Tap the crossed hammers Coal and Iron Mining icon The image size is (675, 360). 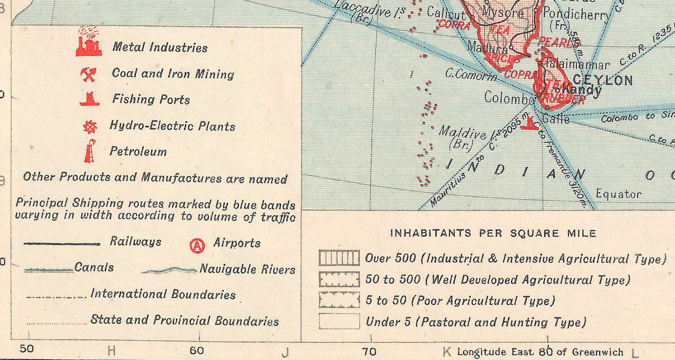point(88,75)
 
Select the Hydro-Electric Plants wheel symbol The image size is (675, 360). point(90,127)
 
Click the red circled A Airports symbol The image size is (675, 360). point(197,245)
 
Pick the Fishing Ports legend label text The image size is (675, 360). point(151,99)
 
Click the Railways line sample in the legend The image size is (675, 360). point(62,244)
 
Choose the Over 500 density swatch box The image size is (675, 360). point(339,258)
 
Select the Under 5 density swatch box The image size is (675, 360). point(339,321)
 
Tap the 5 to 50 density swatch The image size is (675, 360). point(339,300)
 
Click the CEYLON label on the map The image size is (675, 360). point(603,81)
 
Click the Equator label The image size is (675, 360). point(618,194)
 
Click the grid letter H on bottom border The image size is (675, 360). point(112,351)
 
